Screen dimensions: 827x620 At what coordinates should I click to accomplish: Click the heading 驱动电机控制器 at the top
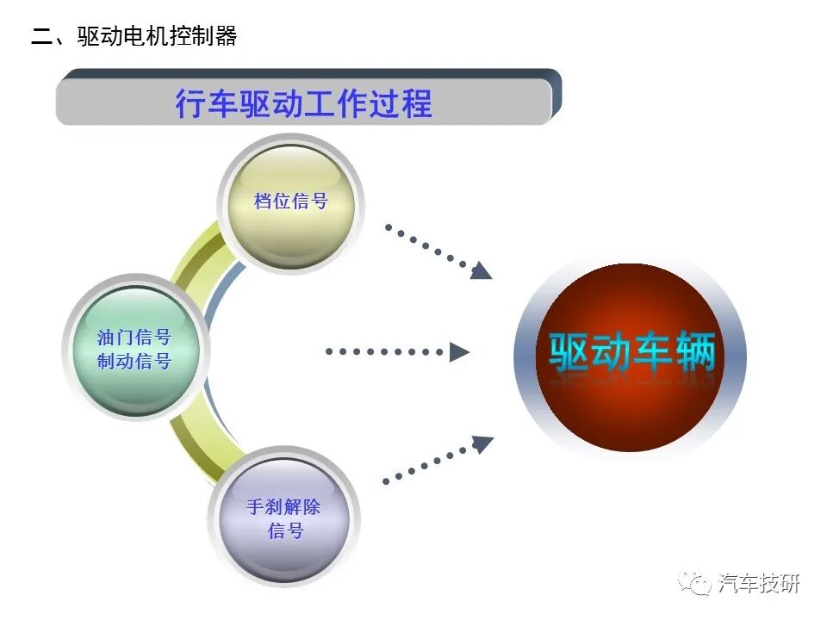(157, 36)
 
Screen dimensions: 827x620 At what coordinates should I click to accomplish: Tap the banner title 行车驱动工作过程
(304, 102)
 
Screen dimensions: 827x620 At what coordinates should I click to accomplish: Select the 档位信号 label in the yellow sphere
(291, 201)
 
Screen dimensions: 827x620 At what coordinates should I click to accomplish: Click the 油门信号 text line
(134, 338)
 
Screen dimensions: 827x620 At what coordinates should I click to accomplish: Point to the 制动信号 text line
(134, 362)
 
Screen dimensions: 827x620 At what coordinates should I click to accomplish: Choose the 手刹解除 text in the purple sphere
(283, 507)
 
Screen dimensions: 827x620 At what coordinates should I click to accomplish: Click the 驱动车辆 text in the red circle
(631, 351)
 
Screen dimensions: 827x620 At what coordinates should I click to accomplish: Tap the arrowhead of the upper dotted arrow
(481, 270)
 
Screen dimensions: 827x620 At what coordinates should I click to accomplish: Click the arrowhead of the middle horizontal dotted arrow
(459, 351)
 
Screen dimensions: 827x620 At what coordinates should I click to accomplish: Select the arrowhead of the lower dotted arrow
(482, 444)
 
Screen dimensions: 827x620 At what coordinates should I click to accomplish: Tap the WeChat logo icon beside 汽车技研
(694, 583)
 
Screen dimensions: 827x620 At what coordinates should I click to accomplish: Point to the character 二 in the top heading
(41, 37)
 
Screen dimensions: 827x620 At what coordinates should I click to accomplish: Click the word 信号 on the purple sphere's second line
(286, 530)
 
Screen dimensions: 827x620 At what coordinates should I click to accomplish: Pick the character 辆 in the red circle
(695, 351)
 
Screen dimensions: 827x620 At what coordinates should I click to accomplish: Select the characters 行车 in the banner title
(206, 102)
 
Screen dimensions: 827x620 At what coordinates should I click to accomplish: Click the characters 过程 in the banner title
(401, 102)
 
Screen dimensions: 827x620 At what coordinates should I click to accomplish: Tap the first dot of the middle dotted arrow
(329, 351)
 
